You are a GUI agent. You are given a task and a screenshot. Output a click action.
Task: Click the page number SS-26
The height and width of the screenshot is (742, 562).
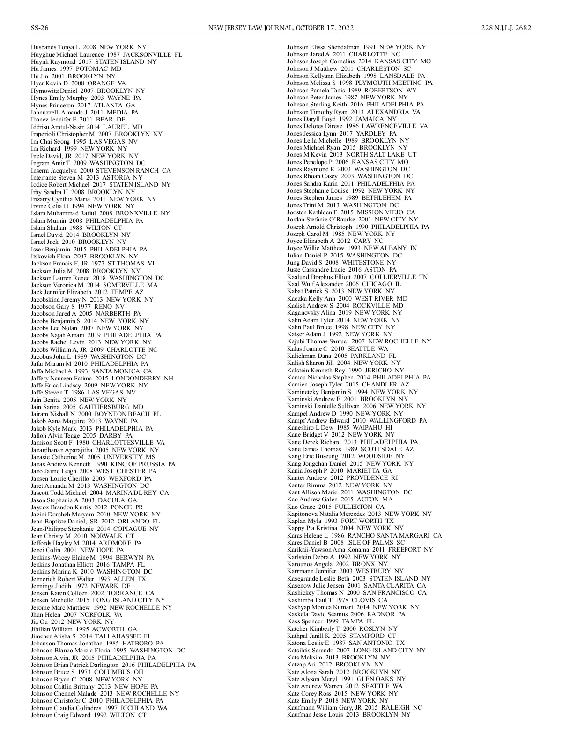tap(40, 28)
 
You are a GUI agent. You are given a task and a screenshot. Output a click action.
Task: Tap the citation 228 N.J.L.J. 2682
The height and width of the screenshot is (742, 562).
tap(506, 28)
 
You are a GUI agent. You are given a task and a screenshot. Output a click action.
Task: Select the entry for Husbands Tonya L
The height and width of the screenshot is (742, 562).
tap(89, 47)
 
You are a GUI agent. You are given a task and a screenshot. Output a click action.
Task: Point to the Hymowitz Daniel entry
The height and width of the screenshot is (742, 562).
tap(88, 91)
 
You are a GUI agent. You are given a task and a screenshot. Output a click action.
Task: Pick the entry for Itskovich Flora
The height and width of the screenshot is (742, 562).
tap(84, 256)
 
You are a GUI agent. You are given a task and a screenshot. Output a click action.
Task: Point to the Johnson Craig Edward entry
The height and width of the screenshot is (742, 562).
tap(89, 715)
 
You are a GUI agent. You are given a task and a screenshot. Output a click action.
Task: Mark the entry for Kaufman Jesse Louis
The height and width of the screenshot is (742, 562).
tap(348, 715)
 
